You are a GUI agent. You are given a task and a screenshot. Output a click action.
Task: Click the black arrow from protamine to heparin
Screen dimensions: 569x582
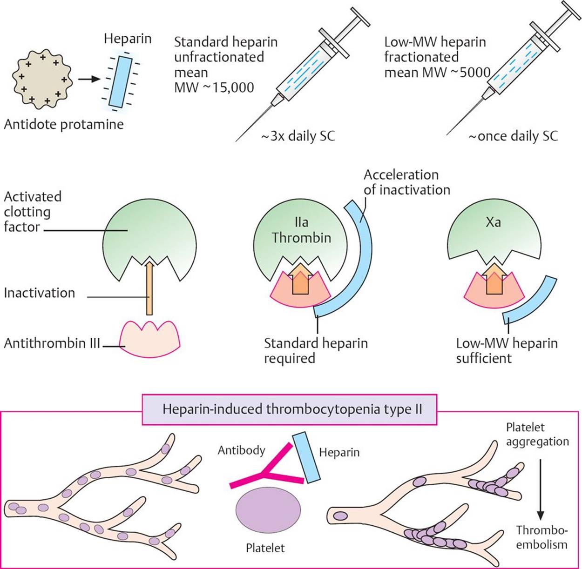89,79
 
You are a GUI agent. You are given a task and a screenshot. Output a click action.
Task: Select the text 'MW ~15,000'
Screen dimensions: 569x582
214,87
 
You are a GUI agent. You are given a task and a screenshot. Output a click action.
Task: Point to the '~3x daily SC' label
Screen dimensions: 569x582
298,136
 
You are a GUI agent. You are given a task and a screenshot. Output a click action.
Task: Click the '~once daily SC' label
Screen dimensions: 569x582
513,136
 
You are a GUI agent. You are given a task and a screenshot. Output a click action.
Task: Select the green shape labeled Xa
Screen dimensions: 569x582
494,233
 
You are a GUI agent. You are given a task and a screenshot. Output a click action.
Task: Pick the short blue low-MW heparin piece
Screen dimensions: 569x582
531,300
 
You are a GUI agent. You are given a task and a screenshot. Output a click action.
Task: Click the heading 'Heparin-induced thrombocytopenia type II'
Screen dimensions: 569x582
292,409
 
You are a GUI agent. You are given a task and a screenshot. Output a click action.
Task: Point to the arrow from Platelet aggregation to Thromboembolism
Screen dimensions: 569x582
540,489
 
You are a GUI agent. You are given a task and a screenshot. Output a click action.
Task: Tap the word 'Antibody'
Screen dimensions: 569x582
241,450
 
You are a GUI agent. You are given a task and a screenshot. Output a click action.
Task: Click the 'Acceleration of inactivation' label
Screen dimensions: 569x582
406,182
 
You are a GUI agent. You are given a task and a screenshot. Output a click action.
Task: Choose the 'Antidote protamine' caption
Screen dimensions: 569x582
64,125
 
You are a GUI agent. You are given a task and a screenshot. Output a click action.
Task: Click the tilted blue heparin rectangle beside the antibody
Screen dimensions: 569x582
307,457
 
